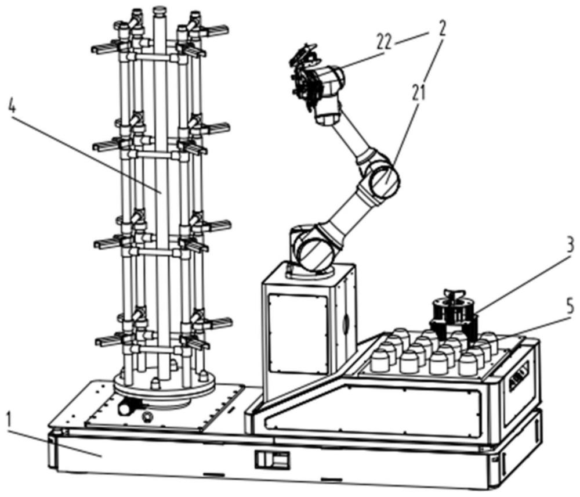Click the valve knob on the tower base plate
pyautogui.click(x=125, y=408)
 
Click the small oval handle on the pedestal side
pyautogui.click(x=346, y=323)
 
